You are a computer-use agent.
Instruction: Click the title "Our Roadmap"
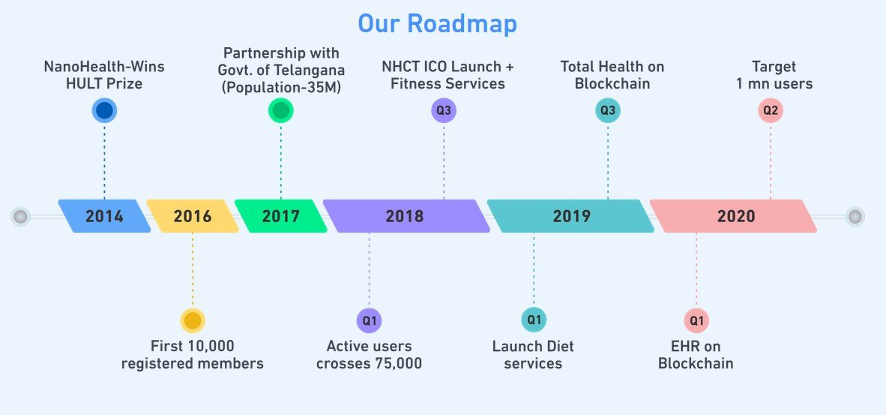[x=437, y=24]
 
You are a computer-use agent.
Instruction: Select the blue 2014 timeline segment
[x=104, y=216]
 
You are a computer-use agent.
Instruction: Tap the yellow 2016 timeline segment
[x=193, y=216]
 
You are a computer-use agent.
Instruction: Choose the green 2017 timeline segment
[x=281, y=216]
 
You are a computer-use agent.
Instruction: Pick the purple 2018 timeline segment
[x=406, y=216]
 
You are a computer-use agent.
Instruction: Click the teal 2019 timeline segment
[x=570, y=216]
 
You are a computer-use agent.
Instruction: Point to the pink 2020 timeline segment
[x=733, y=216]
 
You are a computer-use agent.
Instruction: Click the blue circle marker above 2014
[x=104, y=110]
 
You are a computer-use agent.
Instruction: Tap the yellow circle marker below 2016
[x=193, y=320]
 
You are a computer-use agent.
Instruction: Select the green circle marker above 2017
[x=281, y=110]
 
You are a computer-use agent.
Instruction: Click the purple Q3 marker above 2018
[x=444, y=110]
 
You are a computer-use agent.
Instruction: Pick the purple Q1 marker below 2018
[x=369, y=320]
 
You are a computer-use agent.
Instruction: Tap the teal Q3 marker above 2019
[x=608, y=110]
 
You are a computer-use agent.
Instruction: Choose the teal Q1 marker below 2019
[x=534, y=320]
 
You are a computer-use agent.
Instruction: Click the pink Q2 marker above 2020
[x=771, y=110]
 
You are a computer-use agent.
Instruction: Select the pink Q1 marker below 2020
[x=696, y=320]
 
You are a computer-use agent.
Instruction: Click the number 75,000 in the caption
[x=398, y=363]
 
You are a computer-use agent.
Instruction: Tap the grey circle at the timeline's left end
[x=20, y=217]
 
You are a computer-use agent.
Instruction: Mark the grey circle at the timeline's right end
[x=855, y=217]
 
